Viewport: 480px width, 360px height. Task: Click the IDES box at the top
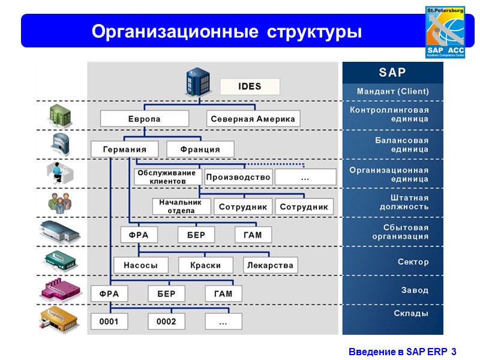(x=250, y=86)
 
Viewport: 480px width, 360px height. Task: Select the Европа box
(x=145, y=119)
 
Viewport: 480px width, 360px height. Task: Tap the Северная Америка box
(x=253, y=119)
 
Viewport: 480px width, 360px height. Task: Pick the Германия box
(x=125, y=149)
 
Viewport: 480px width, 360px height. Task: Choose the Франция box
(x=200, y=149)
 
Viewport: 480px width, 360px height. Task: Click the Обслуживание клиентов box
(x=167, y=177)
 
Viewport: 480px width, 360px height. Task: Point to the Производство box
(x=238, y=177)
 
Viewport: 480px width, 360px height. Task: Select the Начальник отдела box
(x=181, y=206)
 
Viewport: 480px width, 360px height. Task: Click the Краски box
(x=205, y=265)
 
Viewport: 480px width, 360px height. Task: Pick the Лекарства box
(x=270, y=265)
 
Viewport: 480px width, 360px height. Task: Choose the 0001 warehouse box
(x=109, y=322)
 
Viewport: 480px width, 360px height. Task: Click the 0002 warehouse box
(x=166, y=322)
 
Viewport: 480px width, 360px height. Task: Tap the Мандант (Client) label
(x=392, y=92)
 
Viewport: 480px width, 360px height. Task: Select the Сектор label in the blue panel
(x=413, y=262)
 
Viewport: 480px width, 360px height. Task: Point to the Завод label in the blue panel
(x=415, y=290)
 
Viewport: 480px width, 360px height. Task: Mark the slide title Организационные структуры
(x=227, y=31)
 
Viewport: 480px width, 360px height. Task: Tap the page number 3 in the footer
(x=454, y=352)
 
